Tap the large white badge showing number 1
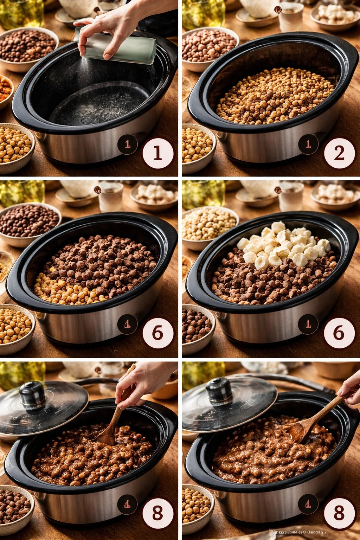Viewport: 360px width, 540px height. (x=157, y=153)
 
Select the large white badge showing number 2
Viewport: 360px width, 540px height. (x=339, y=153)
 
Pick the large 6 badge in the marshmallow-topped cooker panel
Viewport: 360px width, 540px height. (x=339, y=333)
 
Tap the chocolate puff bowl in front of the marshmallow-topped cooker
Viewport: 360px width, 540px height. (x=197, y=327)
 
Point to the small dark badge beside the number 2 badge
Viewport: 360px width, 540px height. (x=308, y=144)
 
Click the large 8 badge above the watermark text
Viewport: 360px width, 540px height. (x=339, y=513)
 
